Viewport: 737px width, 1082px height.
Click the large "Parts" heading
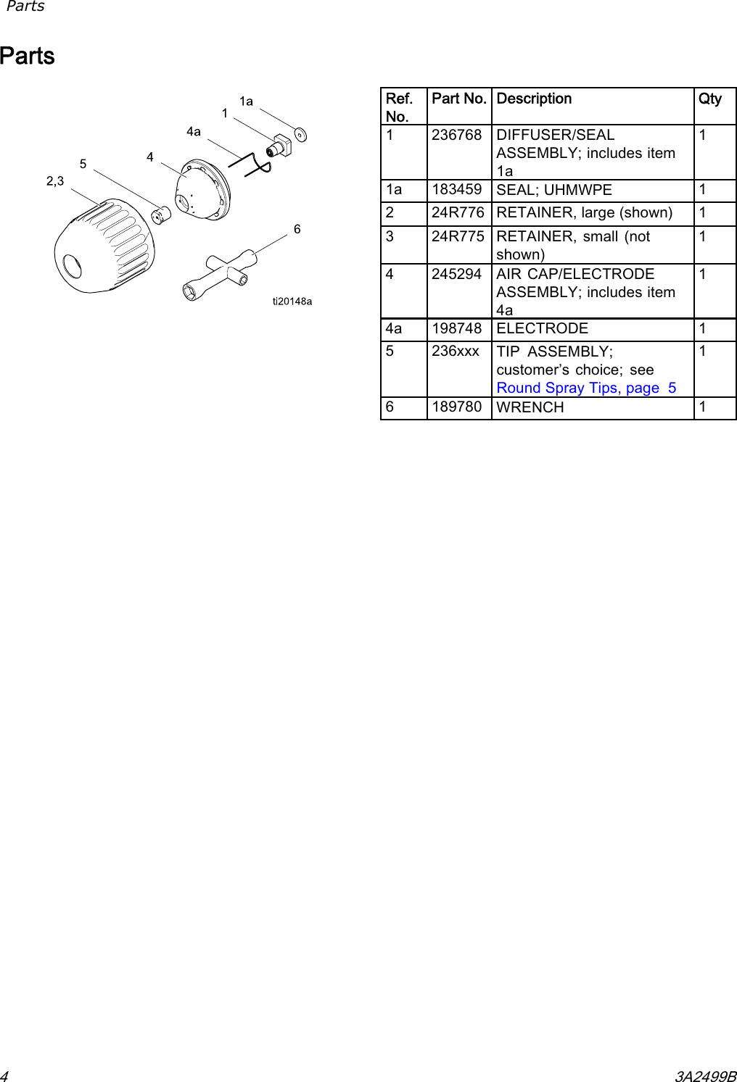click(28, 57)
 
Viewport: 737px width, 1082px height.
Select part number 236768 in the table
click(456, 136)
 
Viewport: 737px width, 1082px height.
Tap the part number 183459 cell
click(456, 190)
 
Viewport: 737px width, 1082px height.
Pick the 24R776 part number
click(457, 213)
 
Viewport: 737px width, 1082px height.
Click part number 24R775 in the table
click(457, 237)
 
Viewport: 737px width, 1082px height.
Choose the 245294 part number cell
click(456, 275)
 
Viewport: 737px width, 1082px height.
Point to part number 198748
click(456, 329)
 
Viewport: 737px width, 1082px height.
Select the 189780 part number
click(456, 407)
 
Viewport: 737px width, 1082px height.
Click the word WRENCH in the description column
click(530, 408)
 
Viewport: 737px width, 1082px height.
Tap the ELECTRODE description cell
click(542, 329)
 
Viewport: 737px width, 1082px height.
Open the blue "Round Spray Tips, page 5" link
click(586, 388)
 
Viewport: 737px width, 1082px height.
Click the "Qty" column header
click(709, 99)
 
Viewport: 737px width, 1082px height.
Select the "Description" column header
click(534, 99)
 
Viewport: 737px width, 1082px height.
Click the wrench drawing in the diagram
click(220, 275)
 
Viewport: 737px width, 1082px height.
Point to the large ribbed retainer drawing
click(104, 245)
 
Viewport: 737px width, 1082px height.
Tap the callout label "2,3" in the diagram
click(55, 181)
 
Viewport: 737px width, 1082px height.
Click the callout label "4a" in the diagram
click(194, 132)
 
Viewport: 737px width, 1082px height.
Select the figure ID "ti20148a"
click(292, 301)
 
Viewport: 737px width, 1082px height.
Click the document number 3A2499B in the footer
click(705, 1076)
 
